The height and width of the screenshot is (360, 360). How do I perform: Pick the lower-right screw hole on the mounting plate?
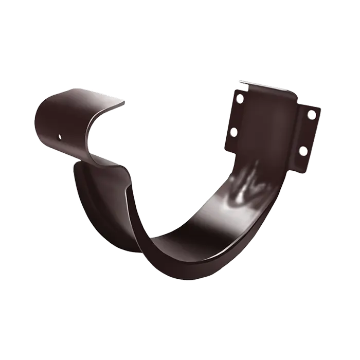(303, 151)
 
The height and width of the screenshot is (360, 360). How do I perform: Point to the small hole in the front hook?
(60, 137)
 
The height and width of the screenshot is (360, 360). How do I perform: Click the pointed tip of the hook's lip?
(125, 105)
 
